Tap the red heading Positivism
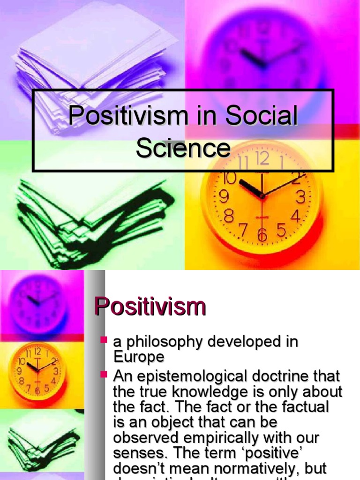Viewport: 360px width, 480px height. pos(150,307)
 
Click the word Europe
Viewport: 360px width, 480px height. pos(139,357)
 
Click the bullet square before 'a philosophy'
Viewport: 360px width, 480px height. pos(105,339)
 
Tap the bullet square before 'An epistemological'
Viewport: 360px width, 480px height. pos(105,374)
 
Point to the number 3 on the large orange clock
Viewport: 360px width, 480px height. pos(300,197)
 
